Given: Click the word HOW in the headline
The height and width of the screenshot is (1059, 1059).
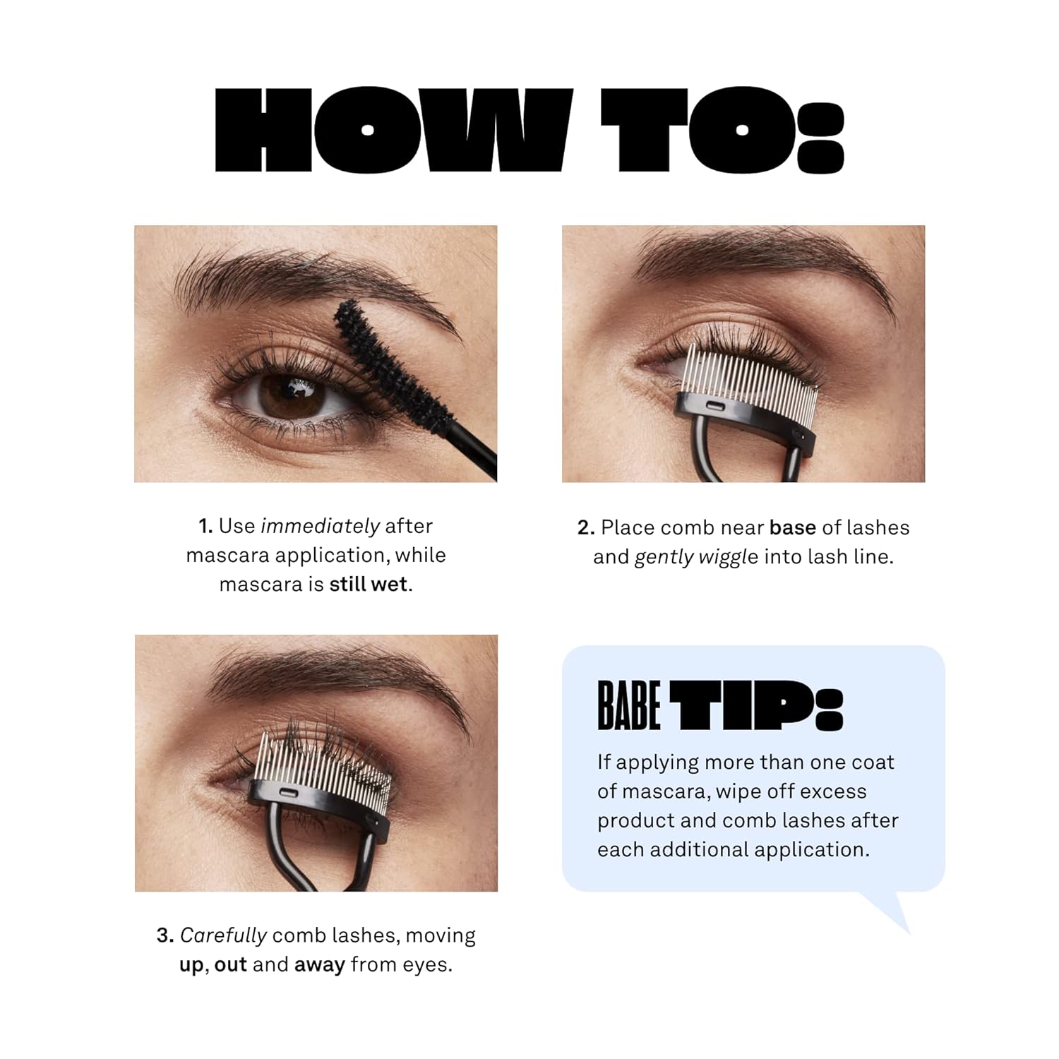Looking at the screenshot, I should (x=393, y=131).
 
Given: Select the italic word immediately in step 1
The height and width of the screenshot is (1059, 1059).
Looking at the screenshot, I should (x=320, y=526).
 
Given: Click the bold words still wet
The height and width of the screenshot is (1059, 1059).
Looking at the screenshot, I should (x=369, y=585).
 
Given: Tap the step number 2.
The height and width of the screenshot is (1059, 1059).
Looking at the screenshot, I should (x=585, y=528).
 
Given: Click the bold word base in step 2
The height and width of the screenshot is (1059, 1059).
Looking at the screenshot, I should (x=792, y=528).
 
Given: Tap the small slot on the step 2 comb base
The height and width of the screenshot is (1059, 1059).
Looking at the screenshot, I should (x=714, y=406).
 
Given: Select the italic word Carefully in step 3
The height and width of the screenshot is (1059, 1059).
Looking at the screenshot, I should (x=223, y=935).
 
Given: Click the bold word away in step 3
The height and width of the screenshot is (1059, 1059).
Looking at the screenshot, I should (x=319, y=965).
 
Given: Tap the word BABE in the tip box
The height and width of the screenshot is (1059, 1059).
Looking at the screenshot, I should (x=628, y=705).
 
